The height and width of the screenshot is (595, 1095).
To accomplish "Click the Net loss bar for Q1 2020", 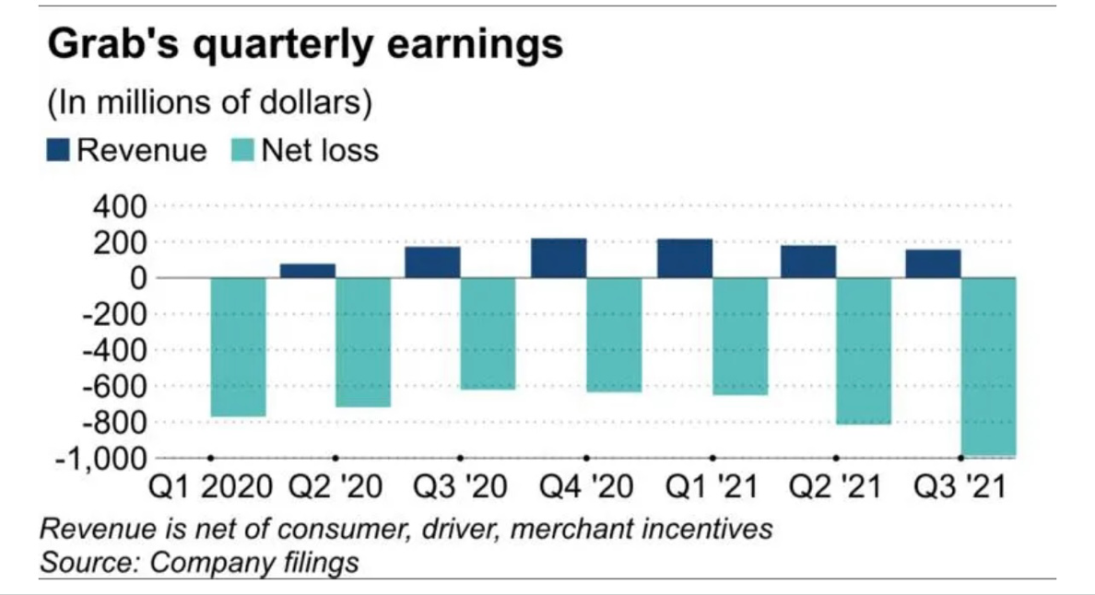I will tap(239, 346).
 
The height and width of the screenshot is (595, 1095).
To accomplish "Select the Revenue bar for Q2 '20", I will tap(307, 271).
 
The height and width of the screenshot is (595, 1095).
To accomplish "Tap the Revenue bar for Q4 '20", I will tap(559, 258).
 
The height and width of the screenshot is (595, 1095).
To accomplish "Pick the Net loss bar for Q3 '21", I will tap(989, 366).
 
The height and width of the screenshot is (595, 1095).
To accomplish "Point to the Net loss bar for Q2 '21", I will tap(864, 350).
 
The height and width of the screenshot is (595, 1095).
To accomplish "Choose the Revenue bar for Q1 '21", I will tap(685, 258).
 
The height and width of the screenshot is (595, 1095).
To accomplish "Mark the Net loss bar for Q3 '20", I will tap(488, 332).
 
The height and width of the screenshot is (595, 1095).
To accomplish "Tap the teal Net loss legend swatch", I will tap(242, 150).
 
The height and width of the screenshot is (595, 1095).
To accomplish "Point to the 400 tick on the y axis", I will tap(119, 206).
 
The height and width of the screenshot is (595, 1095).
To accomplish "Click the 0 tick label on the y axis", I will tap(136, 278).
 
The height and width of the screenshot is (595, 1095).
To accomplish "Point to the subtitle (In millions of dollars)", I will tap(209, 103).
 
